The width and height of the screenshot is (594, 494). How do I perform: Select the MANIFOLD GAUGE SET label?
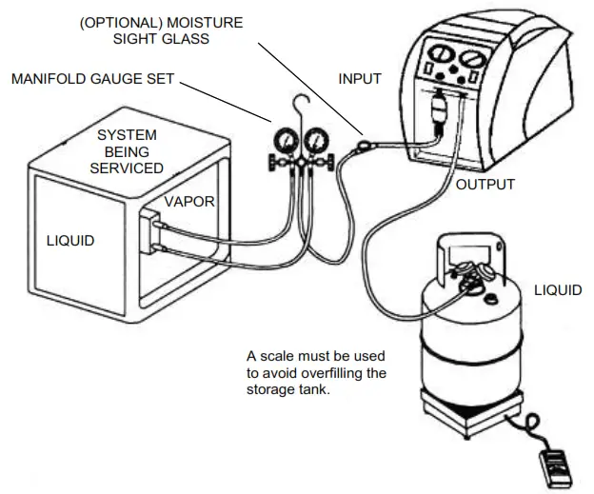[92, 79]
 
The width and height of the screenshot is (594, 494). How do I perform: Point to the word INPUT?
[360, 79]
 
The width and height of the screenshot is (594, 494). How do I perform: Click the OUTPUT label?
[485, 184]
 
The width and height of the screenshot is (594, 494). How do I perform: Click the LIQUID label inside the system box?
[70, 241]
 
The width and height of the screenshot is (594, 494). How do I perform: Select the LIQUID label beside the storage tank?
[557, 289]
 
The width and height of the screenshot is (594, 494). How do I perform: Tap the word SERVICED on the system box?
[127, 168]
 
